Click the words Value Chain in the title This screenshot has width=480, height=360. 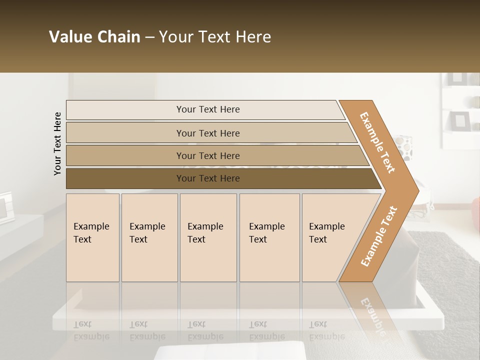[x=94, y=37]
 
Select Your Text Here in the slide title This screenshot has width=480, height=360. [x=215, y=37]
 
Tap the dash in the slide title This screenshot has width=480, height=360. [x=149, y=37]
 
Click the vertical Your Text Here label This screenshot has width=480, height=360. [x=57, y=143]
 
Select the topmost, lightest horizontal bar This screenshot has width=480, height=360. [x=207, y=109]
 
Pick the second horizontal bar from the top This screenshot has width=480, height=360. [x=207, y=133]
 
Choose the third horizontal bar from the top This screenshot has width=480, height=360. [x=207, y=155]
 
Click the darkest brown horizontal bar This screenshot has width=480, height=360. [x=207, y=178]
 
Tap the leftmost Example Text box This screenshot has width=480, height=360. [x=92, y=237]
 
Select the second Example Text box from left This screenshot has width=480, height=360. [x=149, y=237]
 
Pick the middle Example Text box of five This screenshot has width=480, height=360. [x=208, y=237]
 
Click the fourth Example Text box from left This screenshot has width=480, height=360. [x=269, y=237]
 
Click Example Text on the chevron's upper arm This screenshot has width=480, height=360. [x=377, y=142]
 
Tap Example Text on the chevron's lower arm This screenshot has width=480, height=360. [x=379, y=236]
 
